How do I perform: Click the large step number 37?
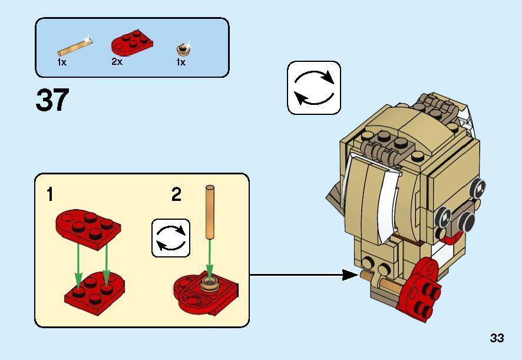point(52,100)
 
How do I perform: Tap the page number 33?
point(497,338)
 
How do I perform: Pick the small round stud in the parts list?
point(183,48)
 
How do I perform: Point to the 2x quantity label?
point(117,61)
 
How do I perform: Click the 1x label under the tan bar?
point(62,62)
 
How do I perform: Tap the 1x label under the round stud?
point(181,62)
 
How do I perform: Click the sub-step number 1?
point(51,194)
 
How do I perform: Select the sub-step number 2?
point(176,194)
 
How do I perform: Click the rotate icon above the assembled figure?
point(314,88)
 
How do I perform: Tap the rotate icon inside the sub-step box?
point(171,238)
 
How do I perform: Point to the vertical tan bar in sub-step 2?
point(210,212)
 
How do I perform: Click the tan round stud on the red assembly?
point(209,285)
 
